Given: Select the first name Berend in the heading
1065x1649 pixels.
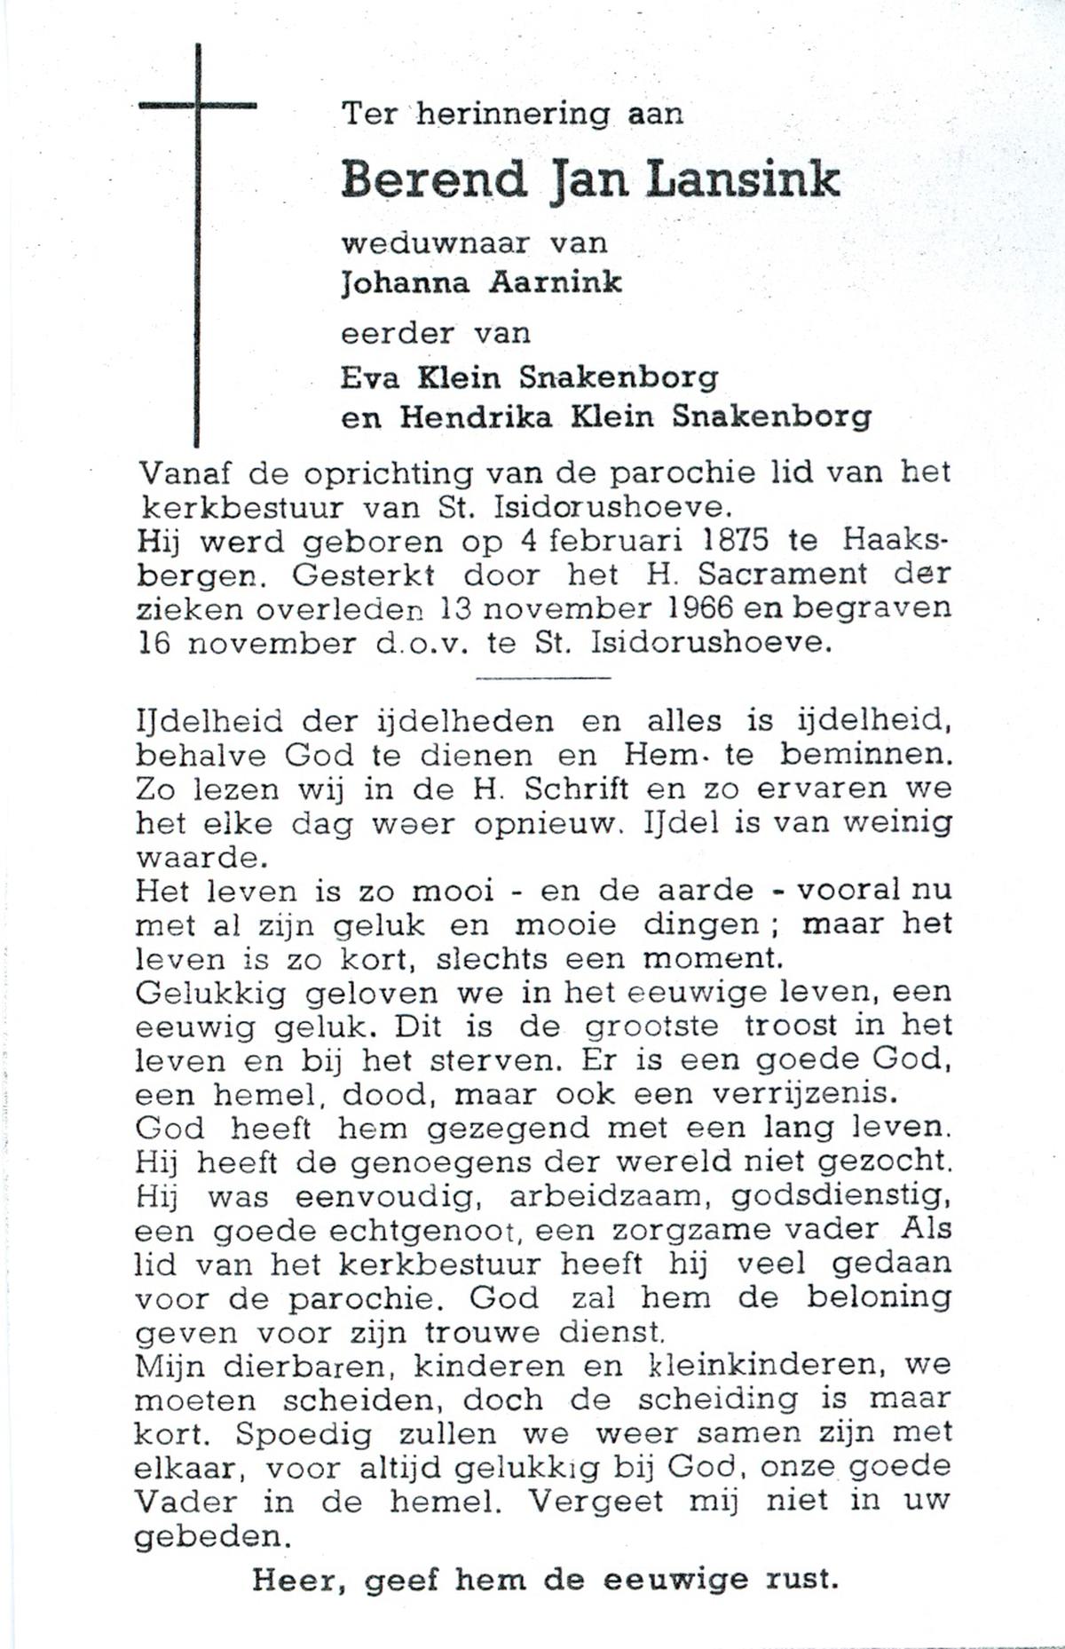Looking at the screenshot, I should click(434, 179).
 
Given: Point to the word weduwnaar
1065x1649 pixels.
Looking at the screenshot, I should click(436, 242).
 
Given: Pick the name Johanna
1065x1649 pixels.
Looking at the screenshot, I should click(404, 283).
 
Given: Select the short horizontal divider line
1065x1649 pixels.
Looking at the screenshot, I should click(543, 678).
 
